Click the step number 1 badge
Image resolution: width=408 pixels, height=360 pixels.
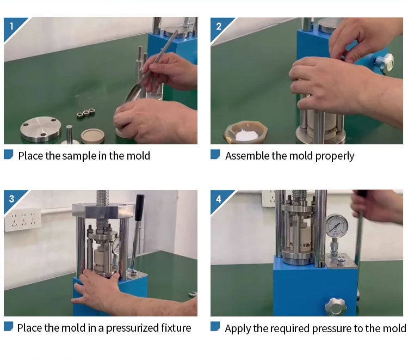[11, 27]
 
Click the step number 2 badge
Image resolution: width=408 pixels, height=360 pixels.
[219, 27]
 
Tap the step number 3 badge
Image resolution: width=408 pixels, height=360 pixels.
[11, 199]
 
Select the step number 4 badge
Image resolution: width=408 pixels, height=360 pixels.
[219, 199]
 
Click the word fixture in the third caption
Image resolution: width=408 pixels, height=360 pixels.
[176, 328]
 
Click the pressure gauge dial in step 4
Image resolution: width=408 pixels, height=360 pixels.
[336, 225]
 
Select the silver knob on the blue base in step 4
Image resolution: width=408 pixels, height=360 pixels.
[336, 306]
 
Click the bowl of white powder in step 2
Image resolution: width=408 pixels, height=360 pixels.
[246, 132]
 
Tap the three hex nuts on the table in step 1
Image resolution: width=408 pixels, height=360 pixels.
[85, 113]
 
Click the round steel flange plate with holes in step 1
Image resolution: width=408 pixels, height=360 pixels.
[41, 129]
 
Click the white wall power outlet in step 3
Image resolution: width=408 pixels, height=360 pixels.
[23, 220]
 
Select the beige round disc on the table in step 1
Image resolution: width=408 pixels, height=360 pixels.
[92, 136]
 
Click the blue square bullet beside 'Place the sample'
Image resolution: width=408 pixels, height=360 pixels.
[9, 154]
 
